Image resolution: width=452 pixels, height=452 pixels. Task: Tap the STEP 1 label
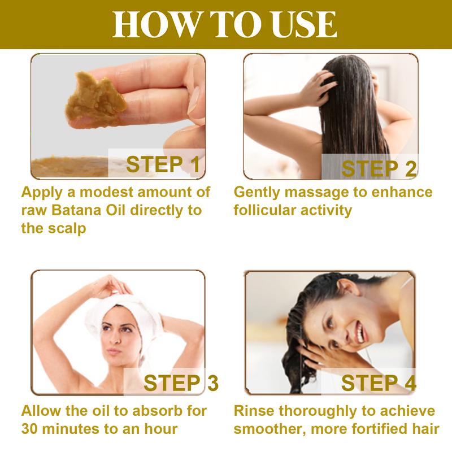163,164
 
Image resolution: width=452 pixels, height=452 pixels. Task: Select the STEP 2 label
379,168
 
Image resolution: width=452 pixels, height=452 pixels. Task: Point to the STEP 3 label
181,383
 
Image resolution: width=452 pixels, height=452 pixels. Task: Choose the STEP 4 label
379,383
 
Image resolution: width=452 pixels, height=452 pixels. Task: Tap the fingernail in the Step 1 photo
194,100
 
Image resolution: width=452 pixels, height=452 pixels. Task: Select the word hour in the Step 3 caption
160,429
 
